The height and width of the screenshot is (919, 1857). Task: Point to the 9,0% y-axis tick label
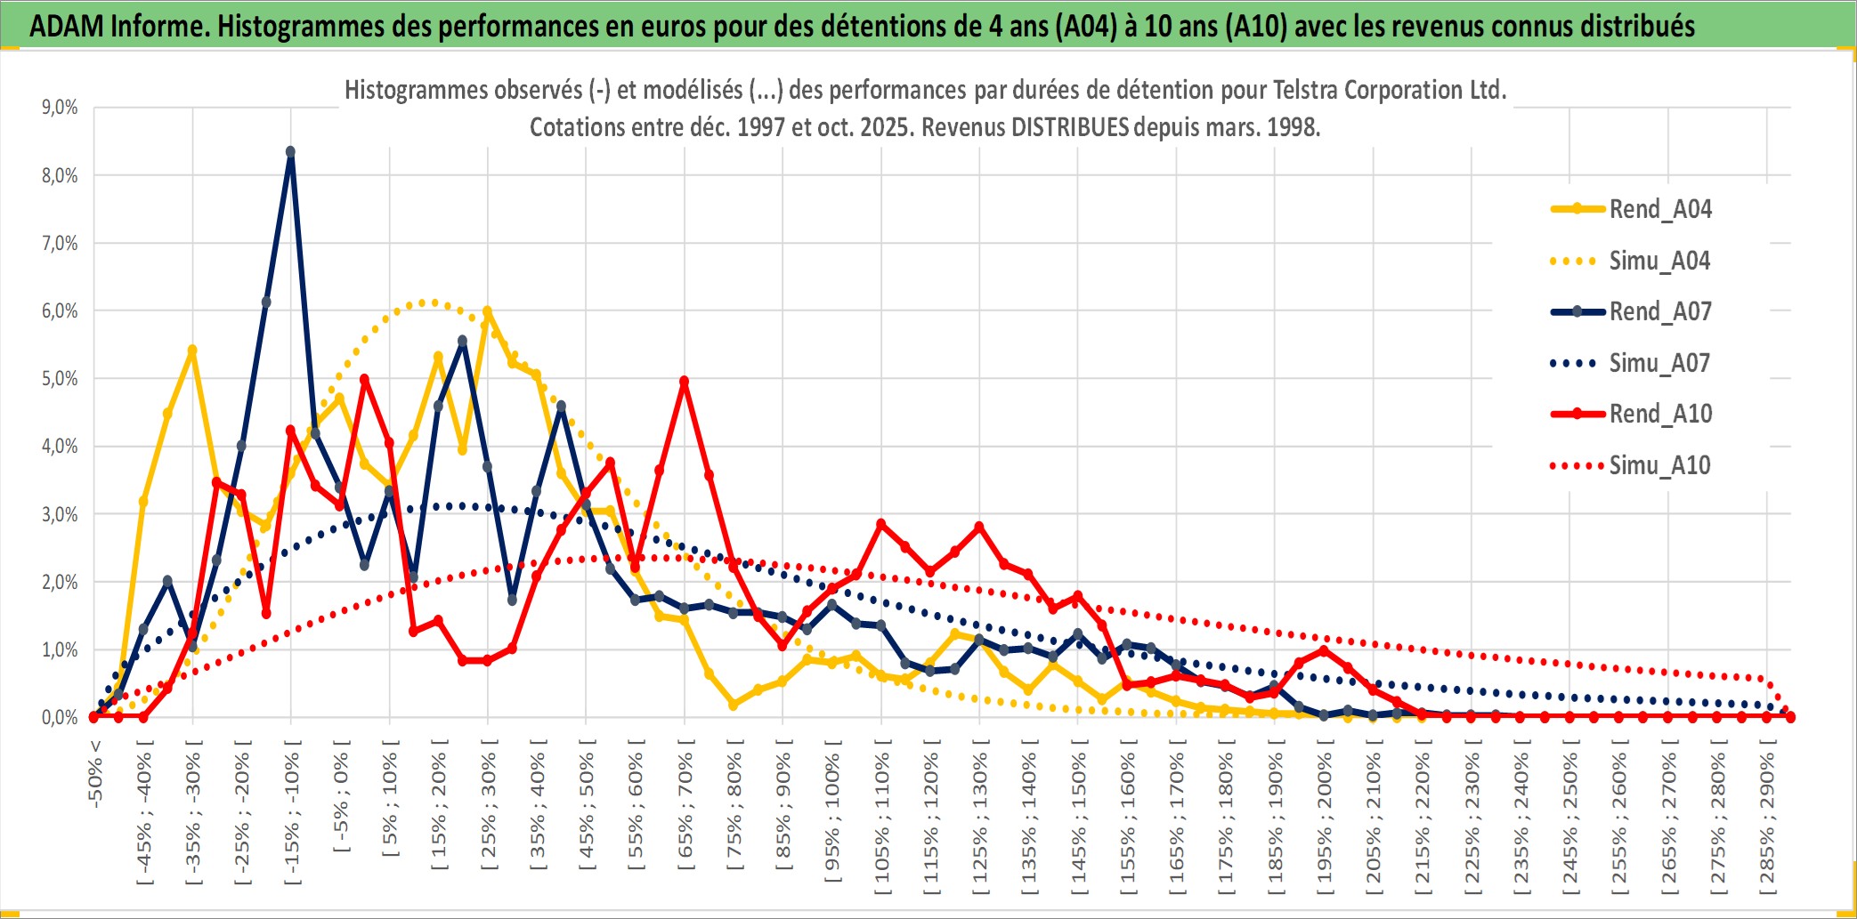pyautogui.click(x=60, y=108)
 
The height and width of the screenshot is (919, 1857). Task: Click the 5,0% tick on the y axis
pyautogui.click(x=60, y=379)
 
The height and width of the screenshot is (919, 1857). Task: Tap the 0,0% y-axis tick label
pyautogui.click(x=60, y=717)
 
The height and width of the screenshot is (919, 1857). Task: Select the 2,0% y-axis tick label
pyautogui.click(x=60, y=582)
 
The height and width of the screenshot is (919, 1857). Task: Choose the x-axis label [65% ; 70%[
pyautogui.click(x=685, y=808)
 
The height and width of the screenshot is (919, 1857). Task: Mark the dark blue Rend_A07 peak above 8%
pyautogui.click(x=290, y=152)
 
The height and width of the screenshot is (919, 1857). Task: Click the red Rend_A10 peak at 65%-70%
pyautogui.click(x=684, y=382)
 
